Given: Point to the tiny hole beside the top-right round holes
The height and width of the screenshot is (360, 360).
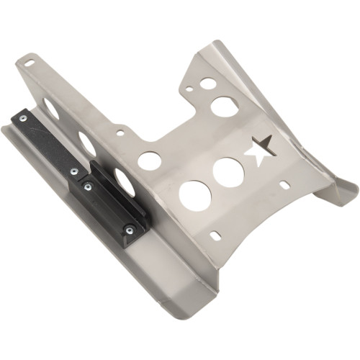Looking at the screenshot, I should pos(189,90).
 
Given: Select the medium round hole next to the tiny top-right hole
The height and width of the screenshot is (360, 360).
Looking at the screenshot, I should pos(207,84).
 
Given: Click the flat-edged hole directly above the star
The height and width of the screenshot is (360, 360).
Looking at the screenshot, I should pos(225,107).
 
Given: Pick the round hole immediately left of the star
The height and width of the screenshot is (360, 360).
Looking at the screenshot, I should pos(228,171).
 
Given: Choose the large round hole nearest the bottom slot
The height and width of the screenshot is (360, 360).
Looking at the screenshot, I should pos(195,195).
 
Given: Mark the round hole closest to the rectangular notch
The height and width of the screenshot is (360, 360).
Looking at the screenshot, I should pos(149,161).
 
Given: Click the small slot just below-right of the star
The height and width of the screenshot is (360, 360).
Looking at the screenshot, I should pos(285,185).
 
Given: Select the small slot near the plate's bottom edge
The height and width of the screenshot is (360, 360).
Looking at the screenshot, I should pos(215,235).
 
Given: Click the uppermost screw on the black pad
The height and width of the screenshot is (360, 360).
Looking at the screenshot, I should pos(23,118).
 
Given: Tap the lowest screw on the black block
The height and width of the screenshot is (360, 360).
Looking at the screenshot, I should pos(130,230).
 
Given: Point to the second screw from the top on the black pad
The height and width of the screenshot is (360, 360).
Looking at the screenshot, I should pos(73,171).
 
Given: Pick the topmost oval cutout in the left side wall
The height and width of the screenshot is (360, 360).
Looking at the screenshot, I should pos(52,107).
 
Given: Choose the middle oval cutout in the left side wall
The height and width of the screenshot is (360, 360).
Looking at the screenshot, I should pos(87,143).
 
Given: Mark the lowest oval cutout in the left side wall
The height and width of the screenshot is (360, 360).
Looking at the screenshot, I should pos(123,181).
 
